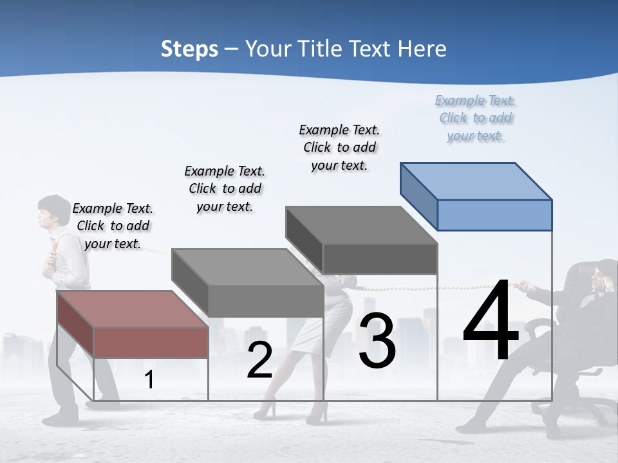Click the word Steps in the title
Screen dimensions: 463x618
[x=189, y=49]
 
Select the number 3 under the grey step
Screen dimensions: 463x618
[x=377, y=341]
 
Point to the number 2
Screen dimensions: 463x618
[x=259, y=360]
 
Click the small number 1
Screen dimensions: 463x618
[x=149, y=380]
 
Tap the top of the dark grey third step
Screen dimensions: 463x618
[x=361, y=224]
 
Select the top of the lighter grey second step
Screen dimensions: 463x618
[x=247, y=266]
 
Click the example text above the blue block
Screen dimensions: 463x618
[x=476, y=118]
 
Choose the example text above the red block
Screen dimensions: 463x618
[x=113, y=226]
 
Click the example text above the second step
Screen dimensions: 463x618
[x=225, y=188]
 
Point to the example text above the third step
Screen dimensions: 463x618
[x=339, y=147]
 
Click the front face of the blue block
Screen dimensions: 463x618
[x=494, y=215]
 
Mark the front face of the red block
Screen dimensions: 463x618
[x=151, y=342]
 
